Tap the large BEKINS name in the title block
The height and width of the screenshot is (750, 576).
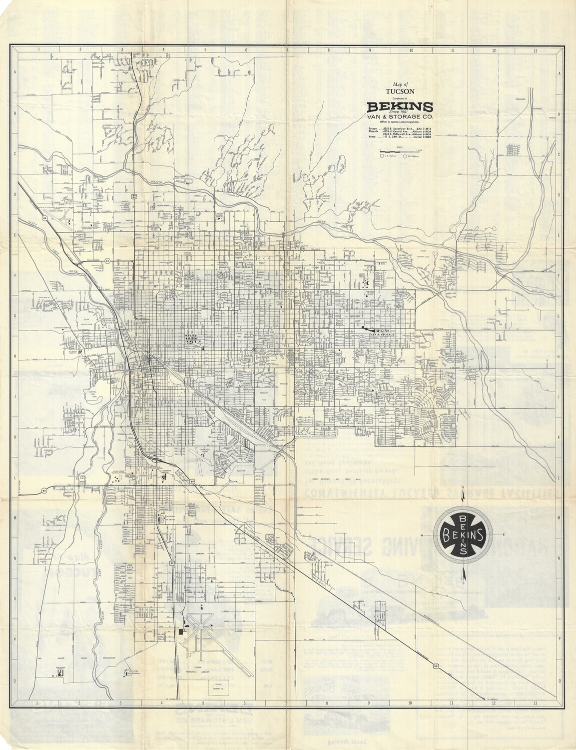coord(400,106)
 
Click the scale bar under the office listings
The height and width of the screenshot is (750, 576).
coord(400,150)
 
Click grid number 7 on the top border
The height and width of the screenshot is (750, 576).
coord(287,50)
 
